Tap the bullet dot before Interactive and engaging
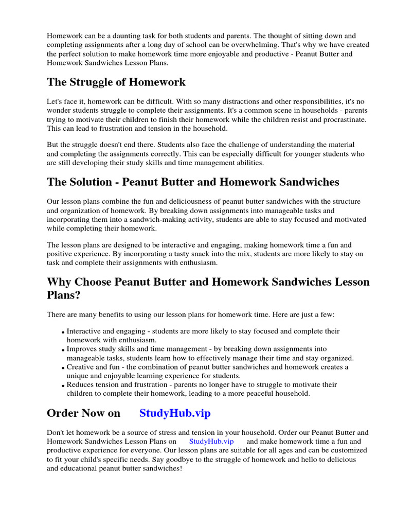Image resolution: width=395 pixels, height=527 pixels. pyautogui.click(x=63, y=332)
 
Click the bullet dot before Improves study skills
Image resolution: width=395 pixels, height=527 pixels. pyautogui.click(x=63, y=350)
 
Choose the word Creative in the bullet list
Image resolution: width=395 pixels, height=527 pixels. pyautogui.click(x=80, y=367)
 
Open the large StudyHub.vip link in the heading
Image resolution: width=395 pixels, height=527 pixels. pyautogui.click(x=175, y=413)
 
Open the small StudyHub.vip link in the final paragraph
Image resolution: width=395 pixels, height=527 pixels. pyautogui.click(x=211, y=442)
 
